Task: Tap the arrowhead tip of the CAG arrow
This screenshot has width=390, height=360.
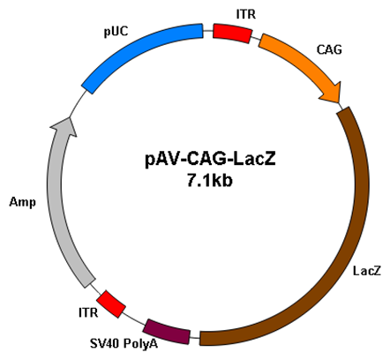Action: [340, 103]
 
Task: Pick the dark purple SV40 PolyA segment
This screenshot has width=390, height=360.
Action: [168, 332]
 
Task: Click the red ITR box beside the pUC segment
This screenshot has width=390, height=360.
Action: [232, 34]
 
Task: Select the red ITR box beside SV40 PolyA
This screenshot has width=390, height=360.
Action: [111, 304]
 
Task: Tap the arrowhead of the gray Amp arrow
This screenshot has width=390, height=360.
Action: [65, 126]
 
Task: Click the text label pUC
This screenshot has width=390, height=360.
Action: [116, 32]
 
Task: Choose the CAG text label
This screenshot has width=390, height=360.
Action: [329, 49]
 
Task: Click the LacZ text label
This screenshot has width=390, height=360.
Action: [367, 271]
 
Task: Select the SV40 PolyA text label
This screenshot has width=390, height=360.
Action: [124, 343]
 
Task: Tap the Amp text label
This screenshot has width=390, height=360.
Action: [22, 202]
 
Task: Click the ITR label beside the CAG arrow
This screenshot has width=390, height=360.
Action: [246, 14]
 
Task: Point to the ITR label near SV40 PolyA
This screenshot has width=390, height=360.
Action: [88, 312]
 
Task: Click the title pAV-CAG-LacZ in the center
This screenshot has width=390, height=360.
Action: [211, 160]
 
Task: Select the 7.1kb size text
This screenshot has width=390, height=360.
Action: [209, 180]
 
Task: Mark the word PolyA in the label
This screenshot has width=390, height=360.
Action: [140, 343]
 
